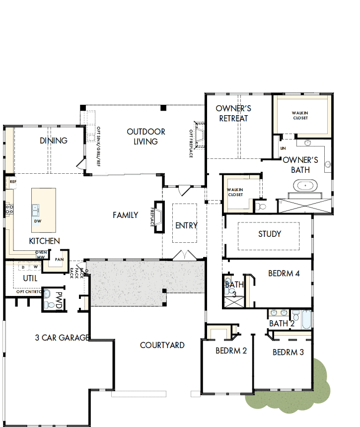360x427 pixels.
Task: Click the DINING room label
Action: (x=54, y=141)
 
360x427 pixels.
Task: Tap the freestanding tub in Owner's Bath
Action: (x=303, y=187)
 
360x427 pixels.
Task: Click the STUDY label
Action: (x=270, y=234)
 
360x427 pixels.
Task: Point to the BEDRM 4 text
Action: (x=284, y=273)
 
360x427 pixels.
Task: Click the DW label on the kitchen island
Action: (x=38, y=220)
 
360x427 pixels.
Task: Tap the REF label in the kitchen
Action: (x=12, y=182)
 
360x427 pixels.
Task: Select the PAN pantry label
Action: (x=59, y=259)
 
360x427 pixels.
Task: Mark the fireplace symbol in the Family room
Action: (x=159, y=216)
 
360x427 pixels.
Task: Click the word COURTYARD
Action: (x=162, y=345)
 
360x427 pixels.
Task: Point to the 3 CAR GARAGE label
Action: (x=62, y=338)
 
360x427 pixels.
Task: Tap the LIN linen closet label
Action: (x=283, y=148)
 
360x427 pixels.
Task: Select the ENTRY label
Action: (x=186, y=225)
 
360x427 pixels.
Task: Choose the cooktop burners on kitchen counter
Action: (x=8, y=209)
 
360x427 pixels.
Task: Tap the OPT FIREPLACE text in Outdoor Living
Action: (x=191, y=144)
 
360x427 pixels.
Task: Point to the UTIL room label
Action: (x=30, y=278)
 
